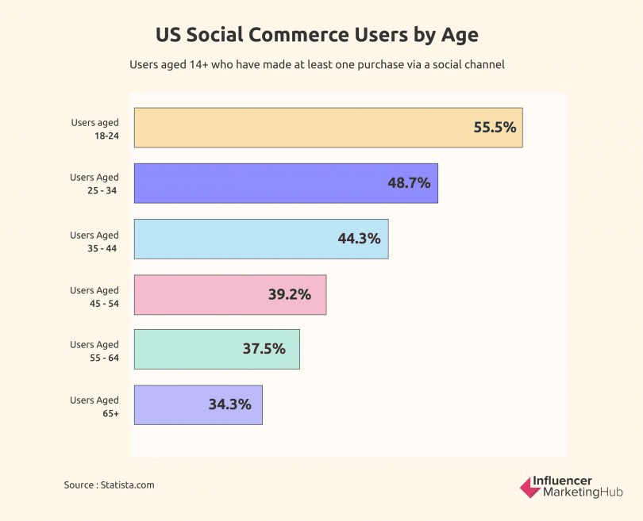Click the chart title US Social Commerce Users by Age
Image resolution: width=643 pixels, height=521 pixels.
click(x=317, y=36)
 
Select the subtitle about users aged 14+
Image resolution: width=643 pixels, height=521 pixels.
click(x=317, y=65)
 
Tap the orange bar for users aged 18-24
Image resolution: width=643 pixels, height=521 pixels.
click(x=302, y=128)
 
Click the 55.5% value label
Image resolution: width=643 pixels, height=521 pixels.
click(x=495, y=128)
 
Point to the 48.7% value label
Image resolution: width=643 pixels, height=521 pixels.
click(x=409, y=183)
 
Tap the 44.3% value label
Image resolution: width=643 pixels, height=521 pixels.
click(x=359, y=239)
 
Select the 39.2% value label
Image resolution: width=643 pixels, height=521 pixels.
click(x=289, y=294)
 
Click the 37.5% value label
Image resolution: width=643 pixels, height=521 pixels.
click(x=264, y=349)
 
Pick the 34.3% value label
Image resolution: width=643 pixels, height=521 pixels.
click(x=229, y=404)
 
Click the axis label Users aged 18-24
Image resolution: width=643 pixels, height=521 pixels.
click(x=94, y=128)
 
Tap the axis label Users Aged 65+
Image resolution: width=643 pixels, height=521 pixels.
click(x=94, y=406)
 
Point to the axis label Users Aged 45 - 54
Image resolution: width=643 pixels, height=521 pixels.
click(x=94, y=296)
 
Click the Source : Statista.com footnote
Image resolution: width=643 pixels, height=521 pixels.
click(x=109, y=485)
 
